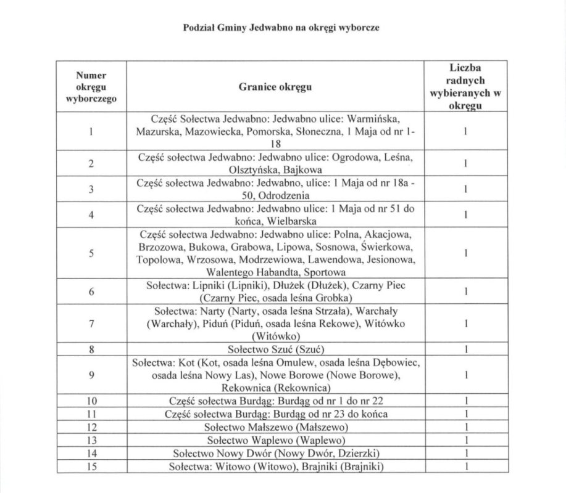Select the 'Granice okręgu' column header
point(275,87)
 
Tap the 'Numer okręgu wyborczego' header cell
point(91,87)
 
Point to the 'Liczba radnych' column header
point(467,87)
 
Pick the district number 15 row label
point(91,467)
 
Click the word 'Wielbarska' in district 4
point(291,221)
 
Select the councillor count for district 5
point(467,253)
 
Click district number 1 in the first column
point(91,131)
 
